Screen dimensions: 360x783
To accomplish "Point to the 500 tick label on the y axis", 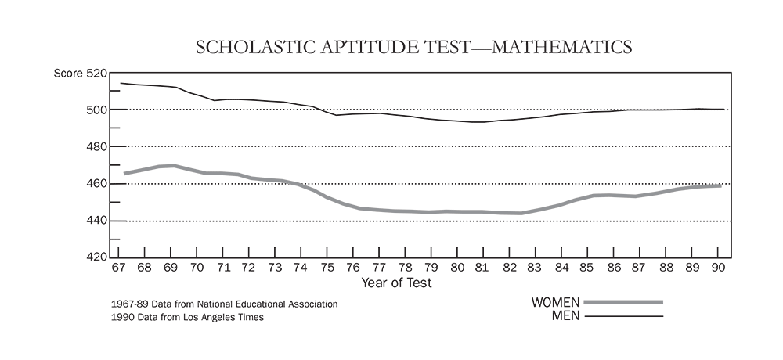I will [x=95, y=110].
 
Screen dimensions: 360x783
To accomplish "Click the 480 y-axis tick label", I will [x=95, y=147].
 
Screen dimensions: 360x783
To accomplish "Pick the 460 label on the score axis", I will [x=95, y=184].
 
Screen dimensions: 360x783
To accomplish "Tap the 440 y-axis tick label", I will [x=95, y=221].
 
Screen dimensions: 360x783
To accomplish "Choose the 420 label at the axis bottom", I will [x=95, y=257].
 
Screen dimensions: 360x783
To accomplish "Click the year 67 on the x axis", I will [x=119, y=268].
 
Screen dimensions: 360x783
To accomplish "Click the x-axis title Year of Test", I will [x=396, y=283].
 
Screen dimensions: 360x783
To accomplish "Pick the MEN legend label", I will [x=565, y=315].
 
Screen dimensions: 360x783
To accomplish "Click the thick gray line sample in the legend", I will [x=623, y=302].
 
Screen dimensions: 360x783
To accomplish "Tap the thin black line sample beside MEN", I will [x=623, y=316].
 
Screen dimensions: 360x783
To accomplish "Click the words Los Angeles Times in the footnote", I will [x=227, y=317].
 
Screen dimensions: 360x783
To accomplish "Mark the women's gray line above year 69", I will [x=171, y=166].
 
